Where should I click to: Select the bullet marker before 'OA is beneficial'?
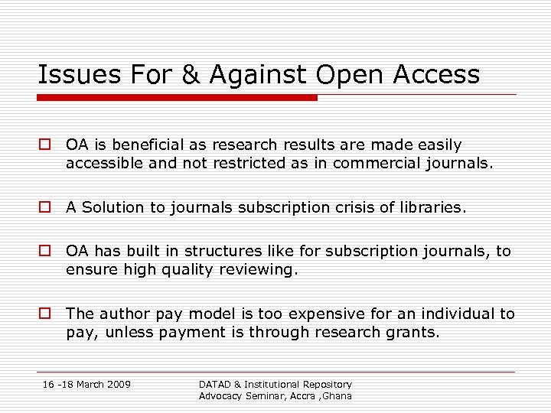click(x=45, y=145)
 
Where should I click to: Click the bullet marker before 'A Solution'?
click(x=45, y=207)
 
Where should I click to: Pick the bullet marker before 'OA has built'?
click(x=45, y=251)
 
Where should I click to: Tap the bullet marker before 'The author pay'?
click(x=45, y=314)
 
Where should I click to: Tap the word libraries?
click(x=435, y=207)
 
